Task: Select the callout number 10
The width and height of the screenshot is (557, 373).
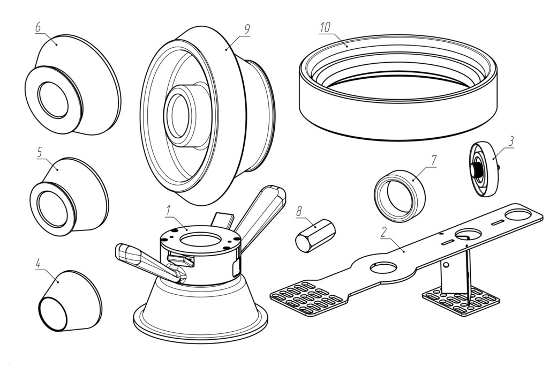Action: pos(325,27)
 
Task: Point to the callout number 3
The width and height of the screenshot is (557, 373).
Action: pos(511,141)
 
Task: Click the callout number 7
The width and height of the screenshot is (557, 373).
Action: pos(433,160)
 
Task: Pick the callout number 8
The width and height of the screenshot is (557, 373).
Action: pos(299,212)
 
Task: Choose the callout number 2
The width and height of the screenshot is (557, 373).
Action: pos(383,232)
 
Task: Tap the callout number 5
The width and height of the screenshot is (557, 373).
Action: pos(40,152)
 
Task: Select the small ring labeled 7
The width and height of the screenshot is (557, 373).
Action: pos(400,196)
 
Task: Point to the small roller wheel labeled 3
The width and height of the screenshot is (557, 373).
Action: pos(485,169)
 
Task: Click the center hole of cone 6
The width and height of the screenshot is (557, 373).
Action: pos(53,100)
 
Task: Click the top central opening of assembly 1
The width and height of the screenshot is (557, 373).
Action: pos(201,240)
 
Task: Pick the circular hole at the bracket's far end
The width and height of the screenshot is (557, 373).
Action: pos(517,214)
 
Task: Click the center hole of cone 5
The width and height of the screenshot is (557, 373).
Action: pos(52,210)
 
